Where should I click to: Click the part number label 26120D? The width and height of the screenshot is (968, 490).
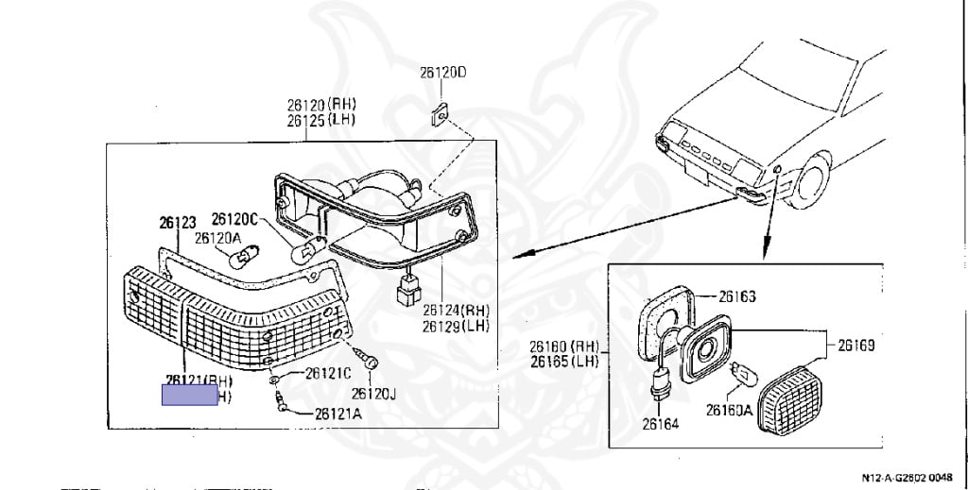(443, 73)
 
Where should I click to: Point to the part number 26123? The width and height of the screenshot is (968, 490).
(177, 223)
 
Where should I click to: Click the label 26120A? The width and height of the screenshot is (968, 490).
(217, 238)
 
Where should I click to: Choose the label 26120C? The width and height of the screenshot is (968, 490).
(233, 219)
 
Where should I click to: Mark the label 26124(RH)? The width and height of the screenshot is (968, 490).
(456, 310)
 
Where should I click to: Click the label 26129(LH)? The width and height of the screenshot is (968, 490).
(456, 326)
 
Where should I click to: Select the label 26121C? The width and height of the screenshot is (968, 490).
(328, 373)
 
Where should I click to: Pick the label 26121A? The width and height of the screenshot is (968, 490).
(337, 413)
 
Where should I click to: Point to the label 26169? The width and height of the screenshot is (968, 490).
(856, 346)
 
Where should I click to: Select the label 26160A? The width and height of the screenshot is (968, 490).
(728, 410)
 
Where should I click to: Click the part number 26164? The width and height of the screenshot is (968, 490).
(660, 425)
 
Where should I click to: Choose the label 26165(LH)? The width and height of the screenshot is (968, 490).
(562, 362)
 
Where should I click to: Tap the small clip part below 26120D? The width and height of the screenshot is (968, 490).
(438, 115)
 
